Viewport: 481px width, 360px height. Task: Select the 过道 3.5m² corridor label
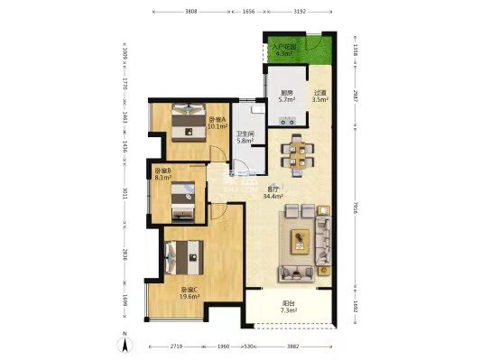[x=319, y=97]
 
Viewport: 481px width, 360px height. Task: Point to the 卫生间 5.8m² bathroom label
[x=245, y=137]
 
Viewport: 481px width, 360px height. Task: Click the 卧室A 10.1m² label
[x=217, y=124]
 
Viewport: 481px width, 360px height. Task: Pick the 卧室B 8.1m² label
[x=162, y=174]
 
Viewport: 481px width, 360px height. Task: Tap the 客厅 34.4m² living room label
[x=271, y=192]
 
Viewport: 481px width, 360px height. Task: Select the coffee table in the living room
[x=299, y=241]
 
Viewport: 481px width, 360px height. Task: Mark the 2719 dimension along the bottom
[x=177, y=346]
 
